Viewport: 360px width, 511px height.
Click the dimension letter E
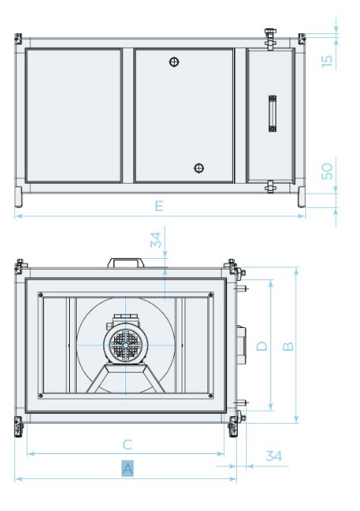coord(159,206)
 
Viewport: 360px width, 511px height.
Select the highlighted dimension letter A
coord(128,468)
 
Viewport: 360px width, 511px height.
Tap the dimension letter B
coord(288,345)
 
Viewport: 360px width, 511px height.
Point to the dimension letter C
coord(127,444)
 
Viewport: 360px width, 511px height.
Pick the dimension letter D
coord(261,345)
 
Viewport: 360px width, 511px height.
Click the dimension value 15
coord(327,61)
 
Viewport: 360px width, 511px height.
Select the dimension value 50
coord(327,172)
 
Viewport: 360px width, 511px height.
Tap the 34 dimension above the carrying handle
coord(156,239)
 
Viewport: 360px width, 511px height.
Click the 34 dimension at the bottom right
coord(273,456)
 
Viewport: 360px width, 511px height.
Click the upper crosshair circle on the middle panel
coord(174,62)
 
